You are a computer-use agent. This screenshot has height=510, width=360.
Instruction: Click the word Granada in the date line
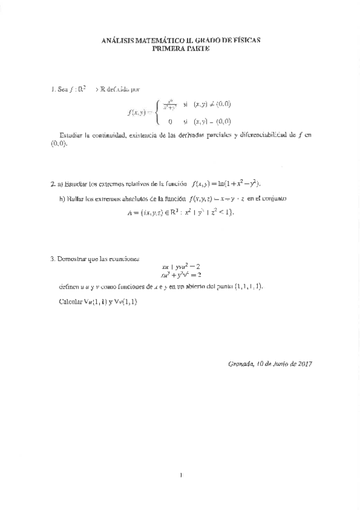point(241,363)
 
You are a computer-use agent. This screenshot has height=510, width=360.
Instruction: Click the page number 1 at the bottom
point(180,476)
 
